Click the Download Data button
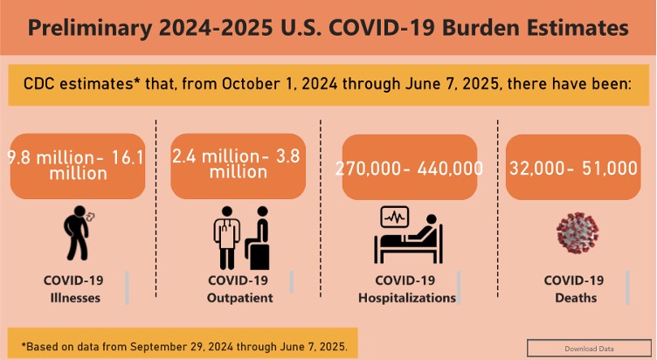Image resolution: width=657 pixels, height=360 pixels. click(x=589, y=349)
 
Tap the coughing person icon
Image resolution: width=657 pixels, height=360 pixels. click(x=78, y=233)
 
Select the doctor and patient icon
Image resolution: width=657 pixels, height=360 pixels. click(x=241, y=238)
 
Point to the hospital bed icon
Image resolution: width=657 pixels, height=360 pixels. click(x=408, y=235)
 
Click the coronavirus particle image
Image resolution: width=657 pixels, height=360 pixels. click(x=577, y=233)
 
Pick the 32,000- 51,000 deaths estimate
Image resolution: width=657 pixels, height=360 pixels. click(x=573, y=169)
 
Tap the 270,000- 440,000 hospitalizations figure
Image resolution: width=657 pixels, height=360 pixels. click(x=410, y=169)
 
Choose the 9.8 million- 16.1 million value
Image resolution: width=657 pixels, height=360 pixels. click(x=76, y=165)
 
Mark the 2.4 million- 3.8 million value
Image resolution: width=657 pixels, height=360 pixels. click(x=237, y=164)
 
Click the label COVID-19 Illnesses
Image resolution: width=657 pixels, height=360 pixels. click(x=74, y=289)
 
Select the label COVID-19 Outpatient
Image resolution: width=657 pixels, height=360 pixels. click(x=239, y=289)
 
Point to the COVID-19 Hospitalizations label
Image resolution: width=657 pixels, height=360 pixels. click(x=407, y=289)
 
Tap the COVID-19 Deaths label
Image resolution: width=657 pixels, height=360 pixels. click(x=575, y=289)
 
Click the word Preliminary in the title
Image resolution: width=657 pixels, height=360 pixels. click(x=90, y=29)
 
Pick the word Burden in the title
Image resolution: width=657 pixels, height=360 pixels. click(x=480, y=28)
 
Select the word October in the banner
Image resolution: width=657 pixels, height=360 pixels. click(x=251, y=84)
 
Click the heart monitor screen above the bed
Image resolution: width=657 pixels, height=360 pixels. click(x=394, y=217)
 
